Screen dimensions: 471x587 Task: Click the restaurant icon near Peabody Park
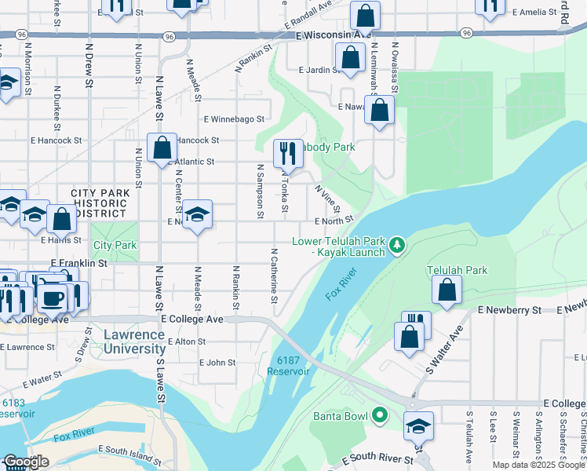coord(288,152)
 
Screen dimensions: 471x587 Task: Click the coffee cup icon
coord(53,298)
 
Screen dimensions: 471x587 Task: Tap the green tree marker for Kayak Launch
coord(398,246)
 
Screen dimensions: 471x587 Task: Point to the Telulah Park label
coord(457,270)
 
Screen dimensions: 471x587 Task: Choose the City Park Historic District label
coord(98,203)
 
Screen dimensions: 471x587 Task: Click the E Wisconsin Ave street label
coord(334,35)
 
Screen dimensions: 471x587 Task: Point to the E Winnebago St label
coord(234,120)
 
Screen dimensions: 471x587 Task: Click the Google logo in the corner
coord(26,462)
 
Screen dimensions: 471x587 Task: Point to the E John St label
coord(217,363)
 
